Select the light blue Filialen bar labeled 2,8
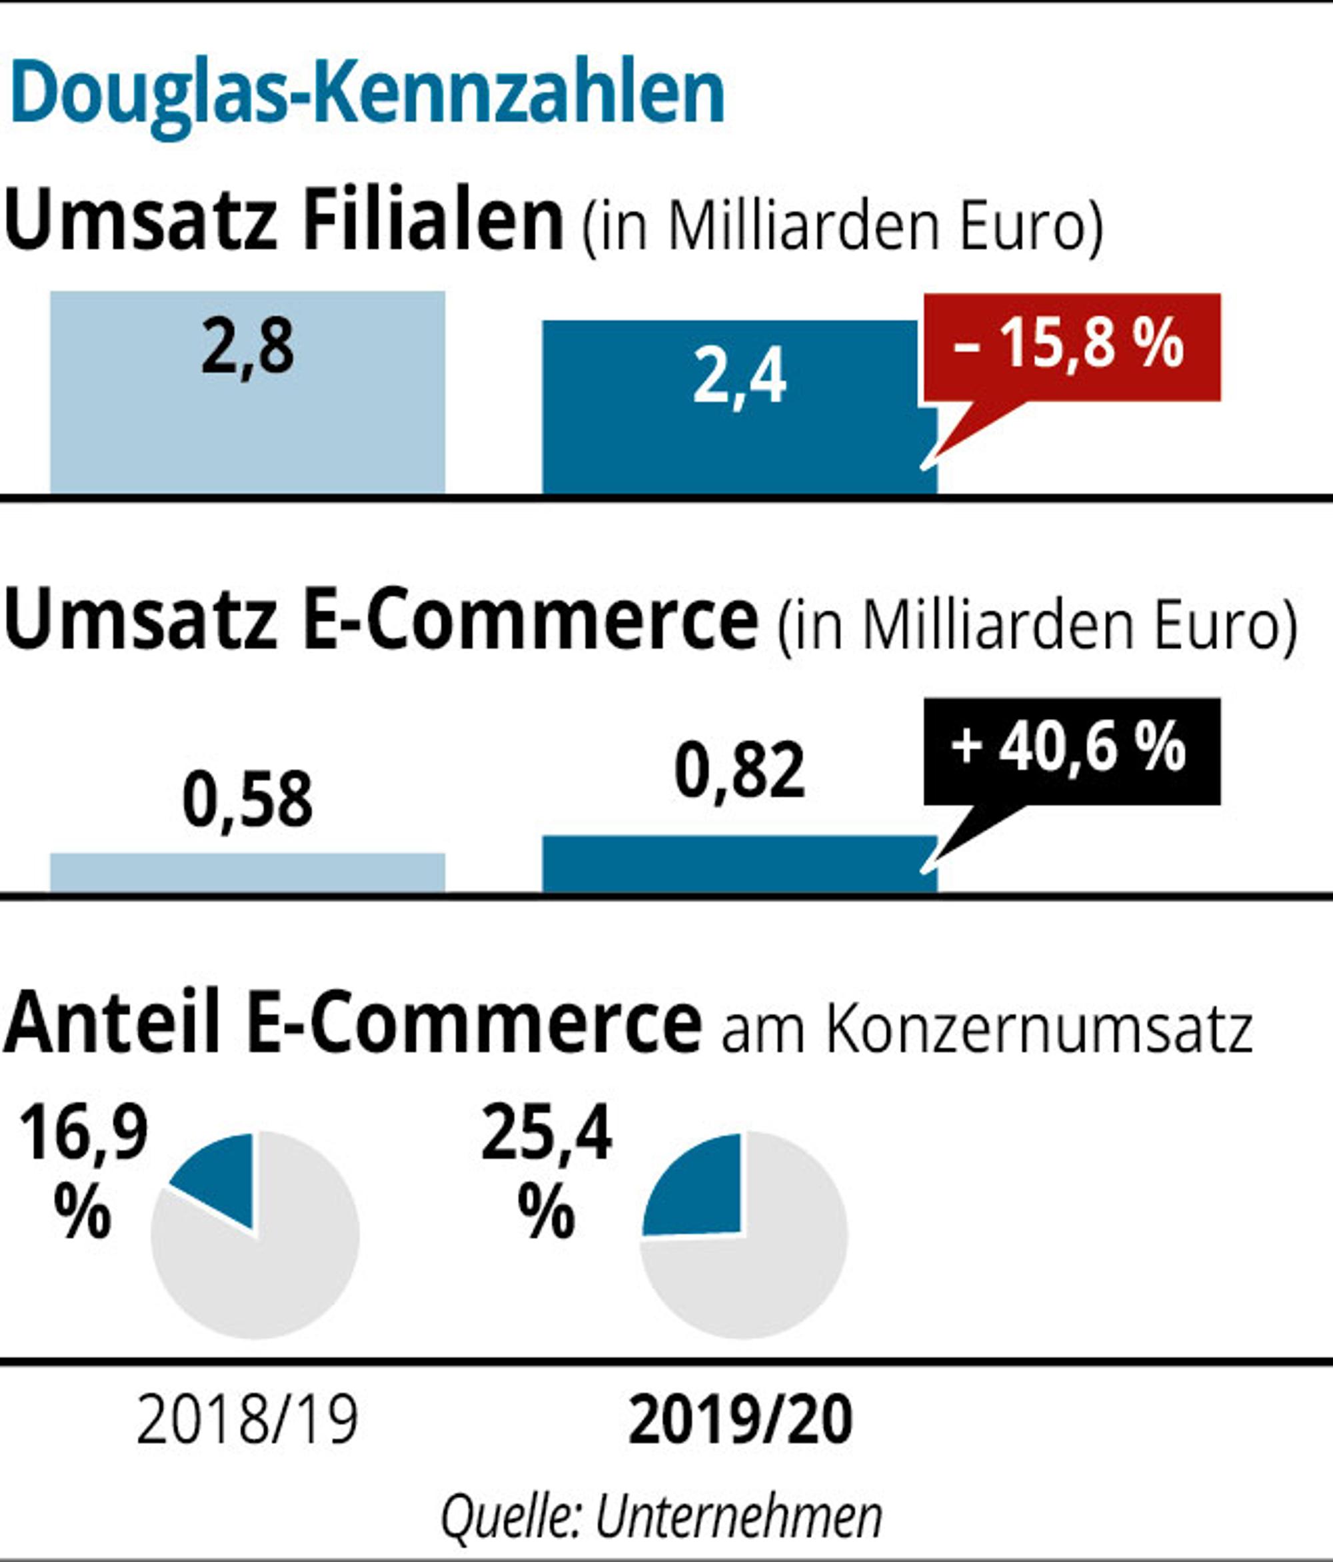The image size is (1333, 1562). (248, 392)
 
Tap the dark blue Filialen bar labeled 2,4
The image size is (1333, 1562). (740, 407)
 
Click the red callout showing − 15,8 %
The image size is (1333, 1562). (1072, 348)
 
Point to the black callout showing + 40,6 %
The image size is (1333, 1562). (1072, 752)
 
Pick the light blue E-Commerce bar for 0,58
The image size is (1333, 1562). (248, 873)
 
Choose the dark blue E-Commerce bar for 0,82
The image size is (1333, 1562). (740, 864)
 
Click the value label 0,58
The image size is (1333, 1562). (247, 799)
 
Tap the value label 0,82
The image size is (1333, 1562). (740, 770)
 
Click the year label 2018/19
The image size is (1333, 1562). (247, 1421)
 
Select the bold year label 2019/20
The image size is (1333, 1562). (740, 1421)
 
